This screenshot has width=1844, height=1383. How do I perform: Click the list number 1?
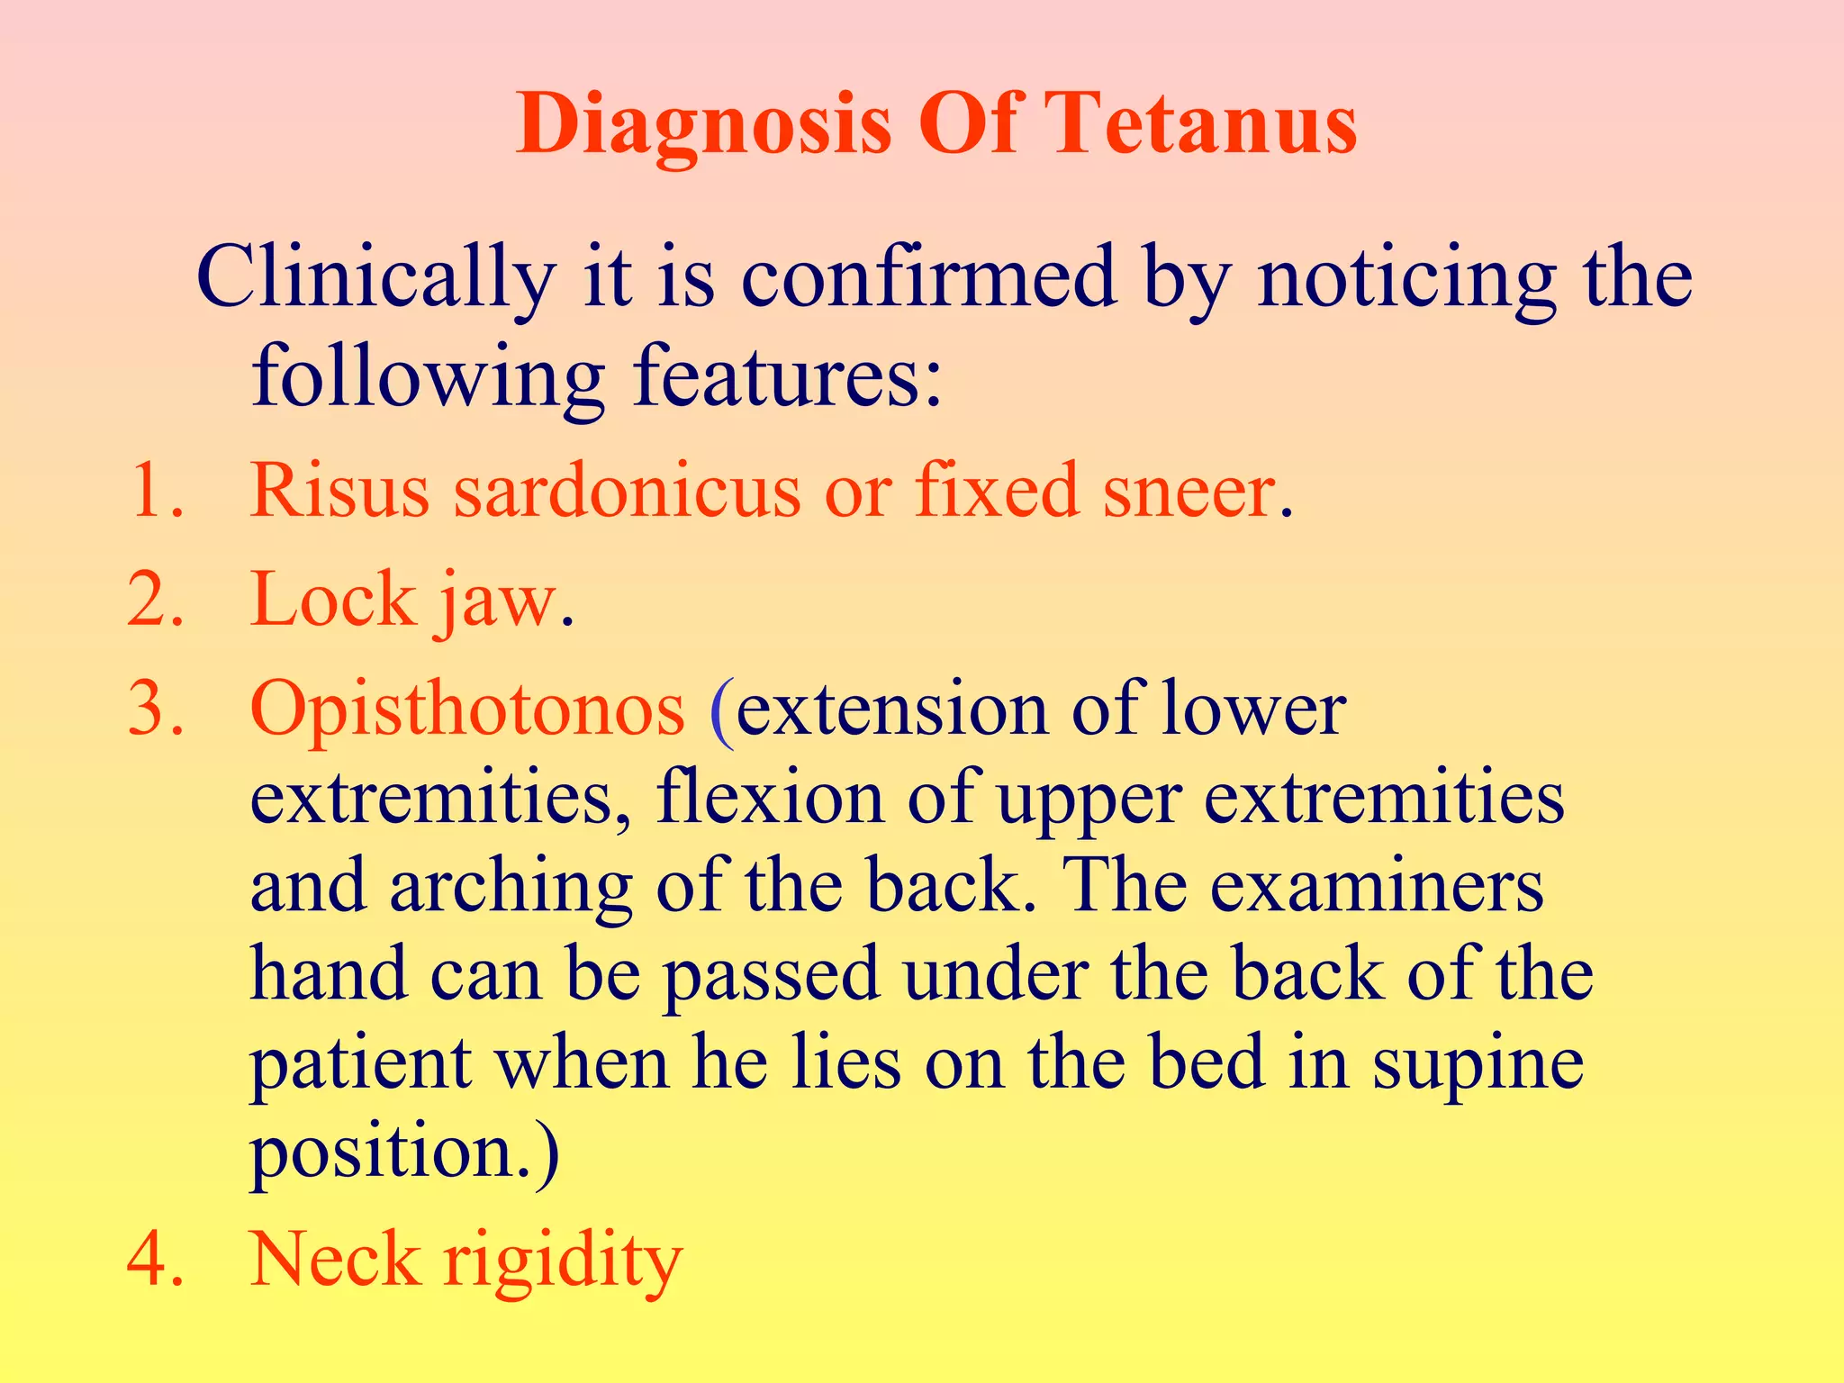point(155,491)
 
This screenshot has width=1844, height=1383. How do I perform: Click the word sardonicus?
point(627,491)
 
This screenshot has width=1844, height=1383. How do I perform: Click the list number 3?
point(155,710)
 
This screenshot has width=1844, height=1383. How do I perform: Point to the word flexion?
point(769,798)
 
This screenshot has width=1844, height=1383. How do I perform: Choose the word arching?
point(511,887)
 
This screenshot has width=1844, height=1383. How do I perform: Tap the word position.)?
point(404,1153)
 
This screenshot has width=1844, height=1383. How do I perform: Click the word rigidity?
point(563,1261)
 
